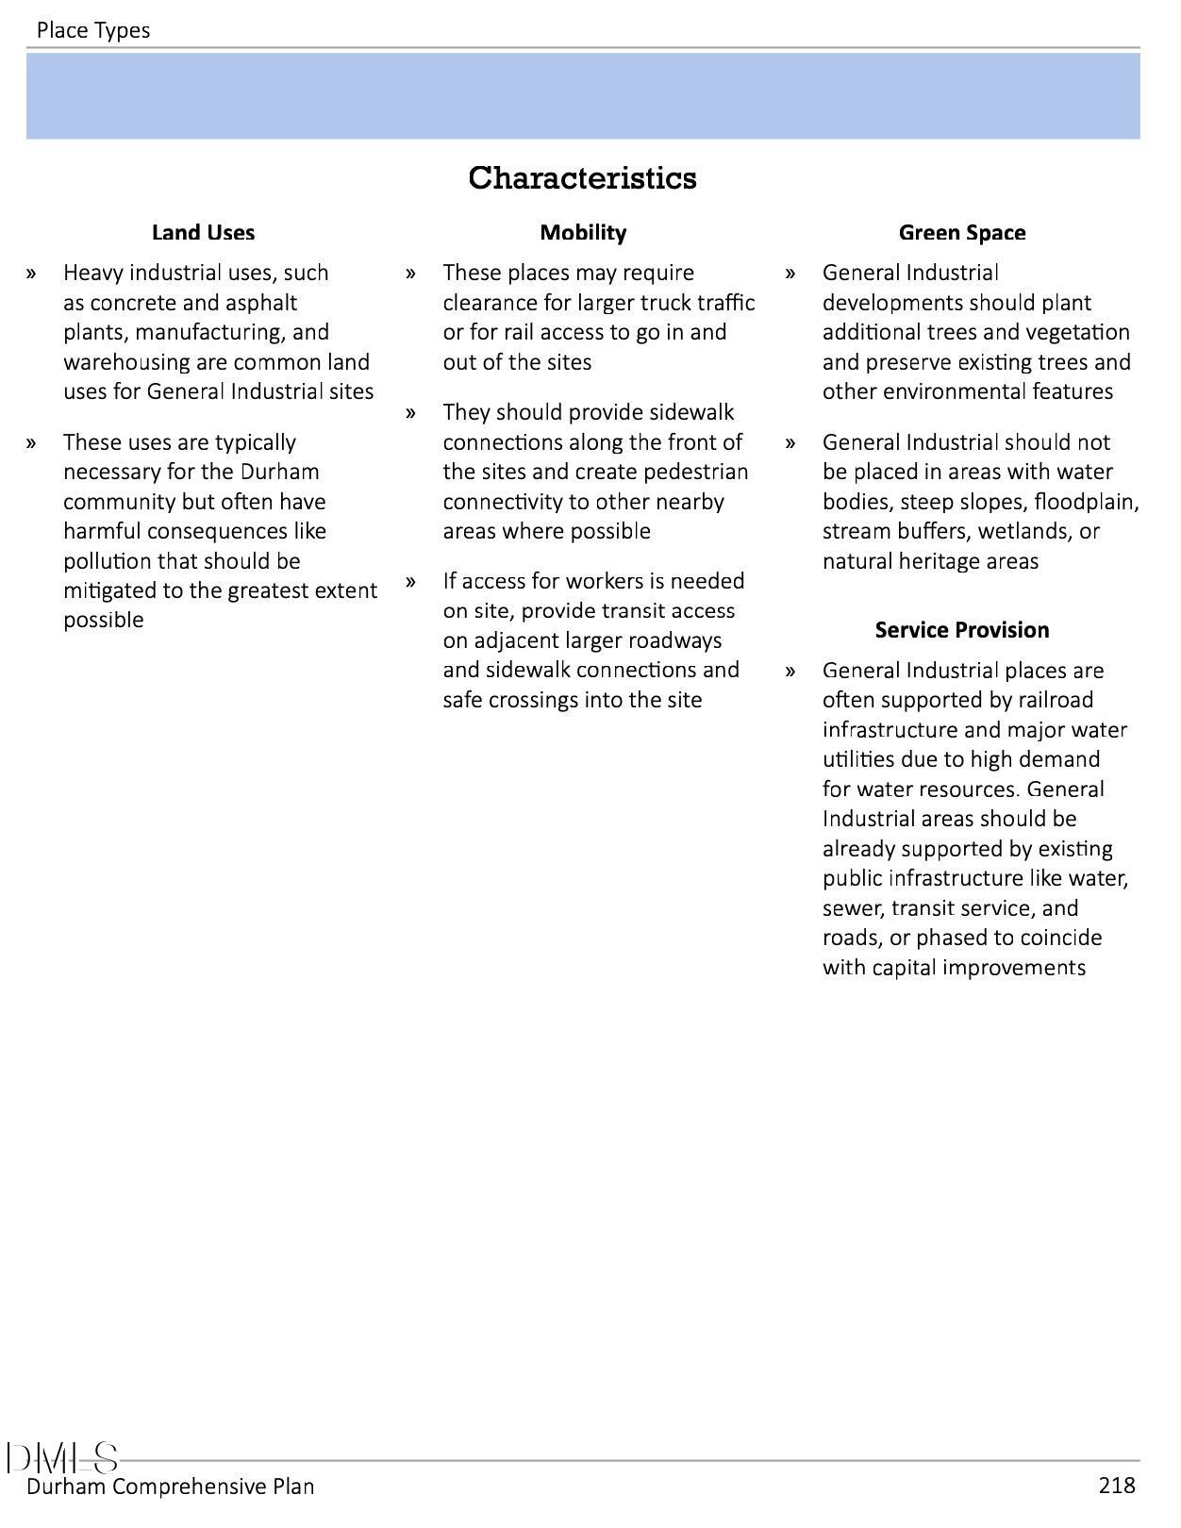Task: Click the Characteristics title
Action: (582, 177)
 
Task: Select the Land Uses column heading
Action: (203, 232)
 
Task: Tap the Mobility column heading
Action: (583, 232)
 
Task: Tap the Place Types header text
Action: (93, 30)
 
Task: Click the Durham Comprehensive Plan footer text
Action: (171, 1486)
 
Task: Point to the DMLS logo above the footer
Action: (62, 1458)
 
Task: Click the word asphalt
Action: (261, 303)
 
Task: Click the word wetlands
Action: (1022, 531)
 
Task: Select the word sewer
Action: (851, 908)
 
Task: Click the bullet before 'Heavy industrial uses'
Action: (32, 274)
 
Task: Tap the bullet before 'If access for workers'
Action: (411, 581)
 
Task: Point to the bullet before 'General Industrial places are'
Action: (790, 671)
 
